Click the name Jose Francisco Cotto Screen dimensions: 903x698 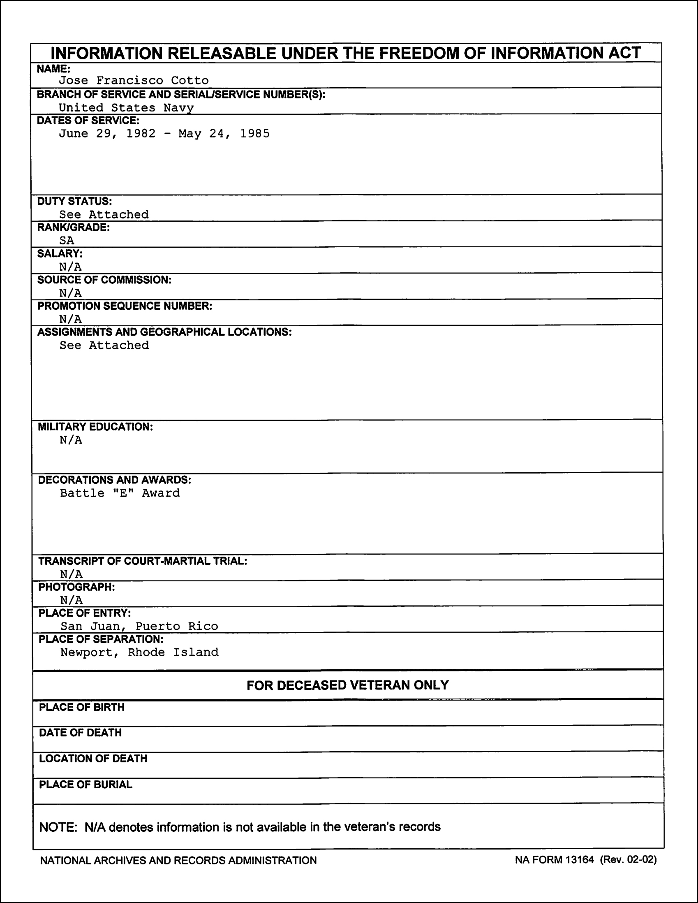[134, 80]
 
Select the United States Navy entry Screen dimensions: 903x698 [126, 107]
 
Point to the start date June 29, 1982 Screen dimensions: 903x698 [107, 134]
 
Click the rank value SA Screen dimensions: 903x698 [67, 240]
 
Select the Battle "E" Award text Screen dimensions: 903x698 [120, 493]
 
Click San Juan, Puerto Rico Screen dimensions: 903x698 [139, 626]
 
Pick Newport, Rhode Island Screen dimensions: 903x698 [139, 652]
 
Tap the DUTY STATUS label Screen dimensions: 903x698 [74, 201]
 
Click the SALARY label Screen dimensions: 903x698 [60, 253]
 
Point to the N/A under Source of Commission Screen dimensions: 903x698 [70, 293]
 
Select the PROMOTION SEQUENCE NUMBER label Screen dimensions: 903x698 [125, 306]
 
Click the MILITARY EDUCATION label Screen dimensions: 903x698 [95, 427]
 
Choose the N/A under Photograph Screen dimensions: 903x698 [71, 599]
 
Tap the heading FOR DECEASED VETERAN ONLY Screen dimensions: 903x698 [347, 685]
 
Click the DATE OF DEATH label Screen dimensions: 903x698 [80, 733]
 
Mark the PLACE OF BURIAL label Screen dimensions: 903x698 [86, 785]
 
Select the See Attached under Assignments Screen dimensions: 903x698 [104, 345]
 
